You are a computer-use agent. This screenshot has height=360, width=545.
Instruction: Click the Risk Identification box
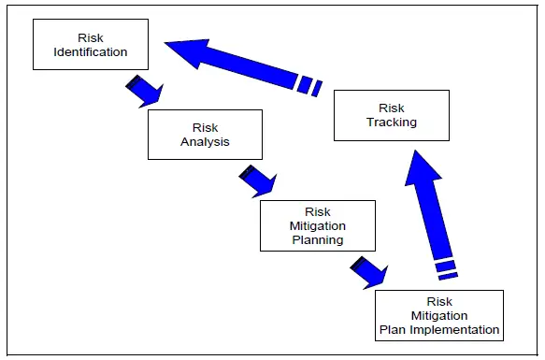[90, 45]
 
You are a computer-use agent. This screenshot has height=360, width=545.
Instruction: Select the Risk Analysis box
[204, 135]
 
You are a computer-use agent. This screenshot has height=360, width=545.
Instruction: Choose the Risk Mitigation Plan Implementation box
[438, 315]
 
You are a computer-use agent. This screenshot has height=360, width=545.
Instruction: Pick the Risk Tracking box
[391, 115]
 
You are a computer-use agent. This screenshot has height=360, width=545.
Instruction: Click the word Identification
[91, 52]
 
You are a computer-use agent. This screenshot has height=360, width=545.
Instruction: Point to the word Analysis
[205, 142]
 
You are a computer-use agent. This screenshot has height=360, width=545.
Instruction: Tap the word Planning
[317, 239]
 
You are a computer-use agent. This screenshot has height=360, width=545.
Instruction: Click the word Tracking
[392, 122]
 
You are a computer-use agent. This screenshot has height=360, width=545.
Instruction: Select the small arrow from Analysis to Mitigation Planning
[256, 179]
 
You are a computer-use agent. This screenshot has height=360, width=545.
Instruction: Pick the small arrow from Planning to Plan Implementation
[368, 270]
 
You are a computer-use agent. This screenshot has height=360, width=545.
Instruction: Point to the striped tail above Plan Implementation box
[447, 268]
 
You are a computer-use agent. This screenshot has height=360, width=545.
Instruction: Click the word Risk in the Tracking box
[392, 108]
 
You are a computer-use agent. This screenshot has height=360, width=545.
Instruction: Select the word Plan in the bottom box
[392, 329]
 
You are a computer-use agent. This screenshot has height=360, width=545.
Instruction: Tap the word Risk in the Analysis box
[205, 128]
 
